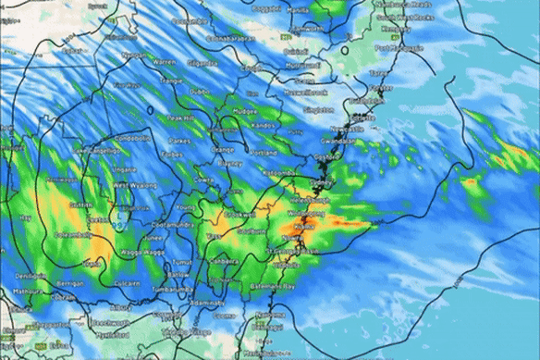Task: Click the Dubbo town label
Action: [x=199, y=92]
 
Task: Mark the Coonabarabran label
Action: [x=230, y=39]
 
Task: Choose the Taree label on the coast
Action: [x=378, y=71]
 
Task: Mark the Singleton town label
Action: [x=318, y=110]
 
